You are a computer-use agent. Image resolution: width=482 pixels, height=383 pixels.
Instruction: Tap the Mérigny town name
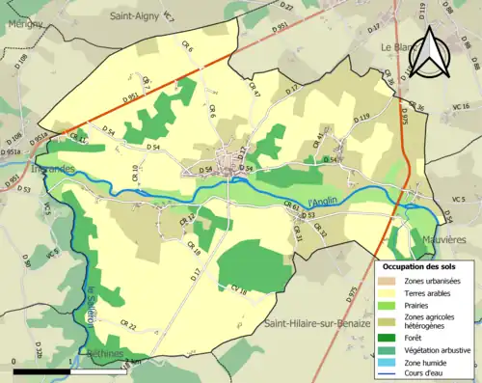22,25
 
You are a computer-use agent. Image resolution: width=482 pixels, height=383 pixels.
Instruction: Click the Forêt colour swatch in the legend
391,337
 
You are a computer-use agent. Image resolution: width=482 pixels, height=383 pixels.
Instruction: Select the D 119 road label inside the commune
362,118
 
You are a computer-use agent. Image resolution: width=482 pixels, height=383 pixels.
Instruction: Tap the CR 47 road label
255,89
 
